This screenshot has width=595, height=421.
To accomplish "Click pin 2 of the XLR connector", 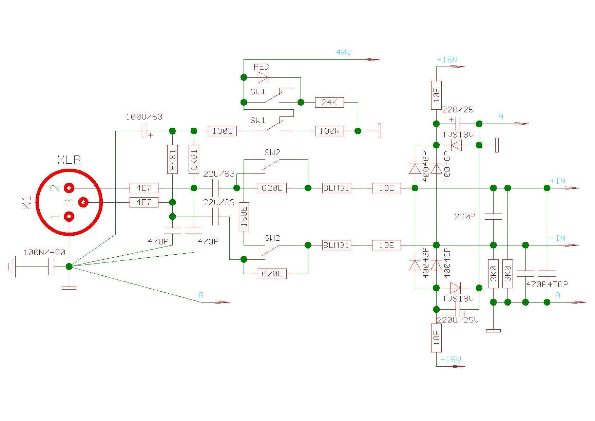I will [x=69, y=188].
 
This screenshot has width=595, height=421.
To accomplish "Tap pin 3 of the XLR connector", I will [x=83, y=202].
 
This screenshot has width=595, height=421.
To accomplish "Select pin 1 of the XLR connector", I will [x=69, y=216].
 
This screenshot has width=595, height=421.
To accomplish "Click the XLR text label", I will [x=69, y=160].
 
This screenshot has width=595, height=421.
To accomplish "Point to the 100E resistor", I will [x=222, y=131].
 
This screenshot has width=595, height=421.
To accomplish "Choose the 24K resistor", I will [x=329, y=102].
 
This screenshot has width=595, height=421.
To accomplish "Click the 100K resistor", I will [x=329, y=131].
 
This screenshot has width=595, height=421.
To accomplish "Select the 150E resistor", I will [x=244, y=217].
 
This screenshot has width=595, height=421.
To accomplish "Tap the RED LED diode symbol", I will [x=263, y=77].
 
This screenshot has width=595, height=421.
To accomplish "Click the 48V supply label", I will [x=344, y=52].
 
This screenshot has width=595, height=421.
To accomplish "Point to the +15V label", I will [x=447, y=60].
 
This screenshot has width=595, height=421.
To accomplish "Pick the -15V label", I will [x=450, y=359].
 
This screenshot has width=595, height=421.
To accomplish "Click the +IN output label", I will [x=558, y=181].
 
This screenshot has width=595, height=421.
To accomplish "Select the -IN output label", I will [x=558, y=238].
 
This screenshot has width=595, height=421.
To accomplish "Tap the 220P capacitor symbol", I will [x=493, y=216].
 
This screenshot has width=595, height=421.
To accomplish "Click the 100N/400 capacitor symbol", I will [x=51, y=267].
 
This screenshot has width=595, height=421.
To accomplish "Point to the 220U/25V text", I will [x=458, y=320].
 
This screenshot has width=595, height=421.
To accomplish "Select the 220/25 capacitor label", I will [x=458, y=110].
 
